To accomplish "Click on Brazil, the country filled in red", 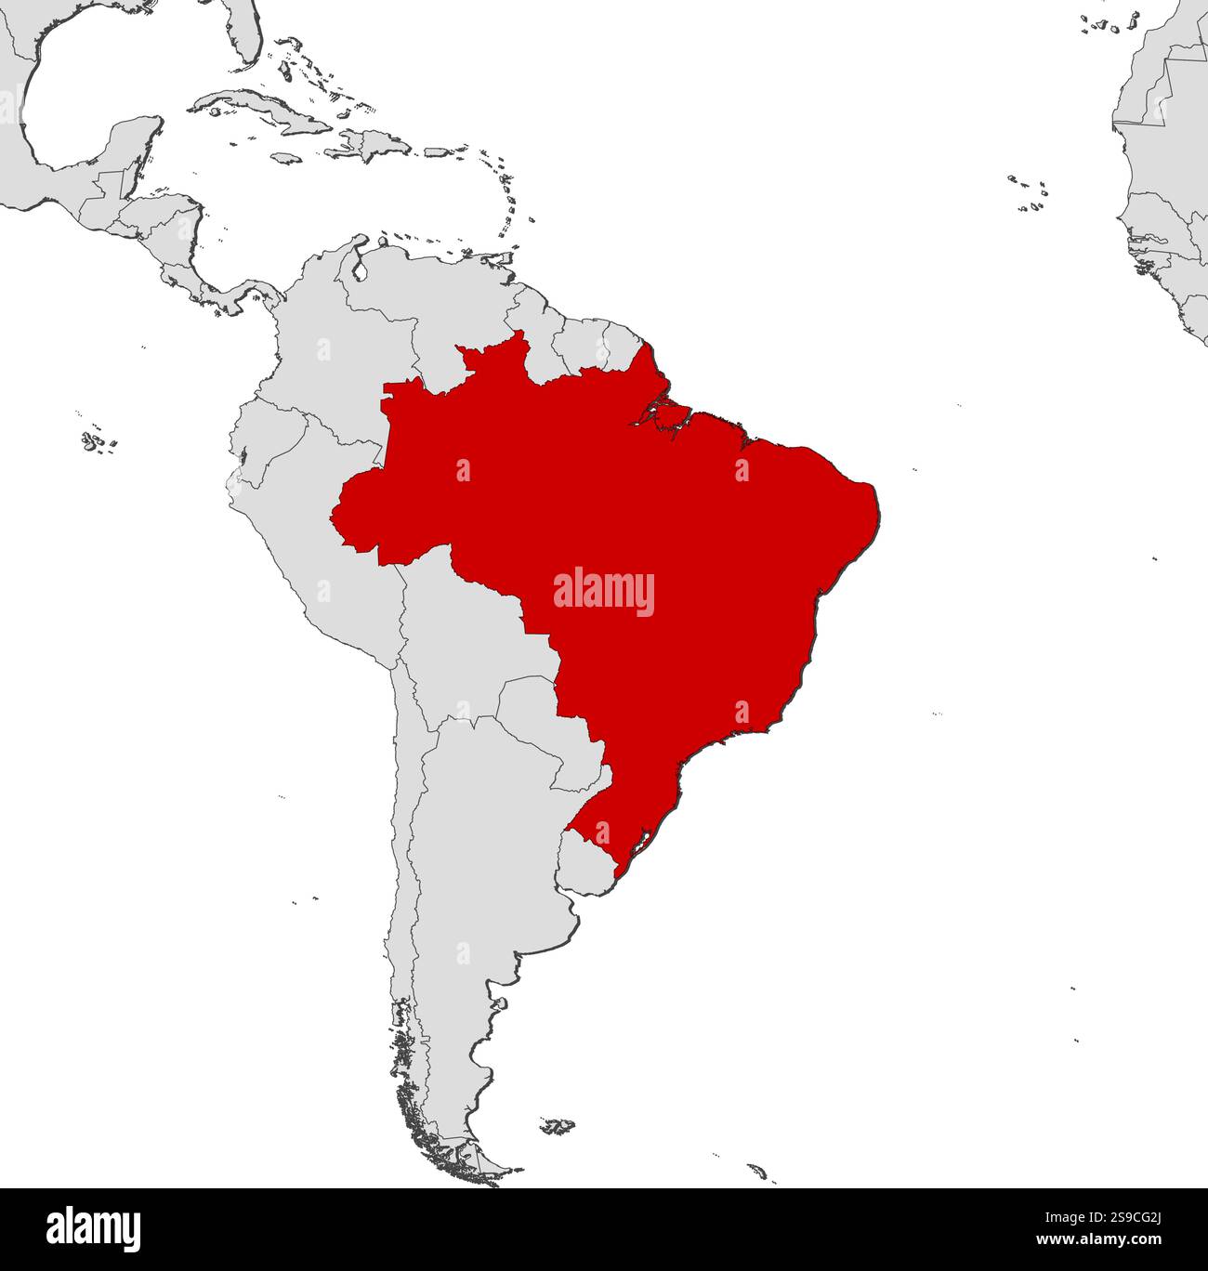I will point(669,520).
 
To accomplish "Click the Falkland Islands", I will point(558,1126).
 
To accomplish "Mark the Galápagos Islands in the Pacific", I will point(93,441).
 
